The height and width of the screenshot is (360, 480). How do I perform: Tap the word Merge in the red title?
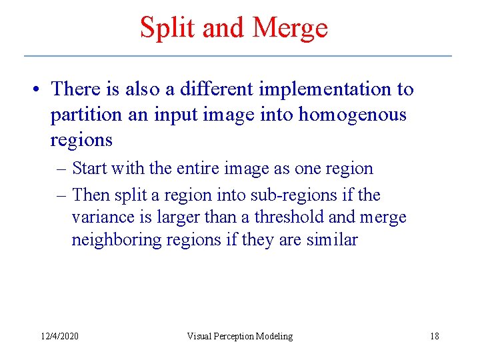(291, 28)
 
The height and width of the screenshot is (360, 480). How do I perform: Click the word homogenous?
(352, 115)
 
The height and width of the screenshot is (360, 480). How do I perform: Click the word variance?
(100, 218)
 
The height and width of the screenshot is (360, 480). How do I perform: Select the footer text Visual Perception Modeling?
(239, 336)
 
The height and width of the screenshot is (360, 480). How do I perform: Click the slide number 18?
(435, 336)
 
